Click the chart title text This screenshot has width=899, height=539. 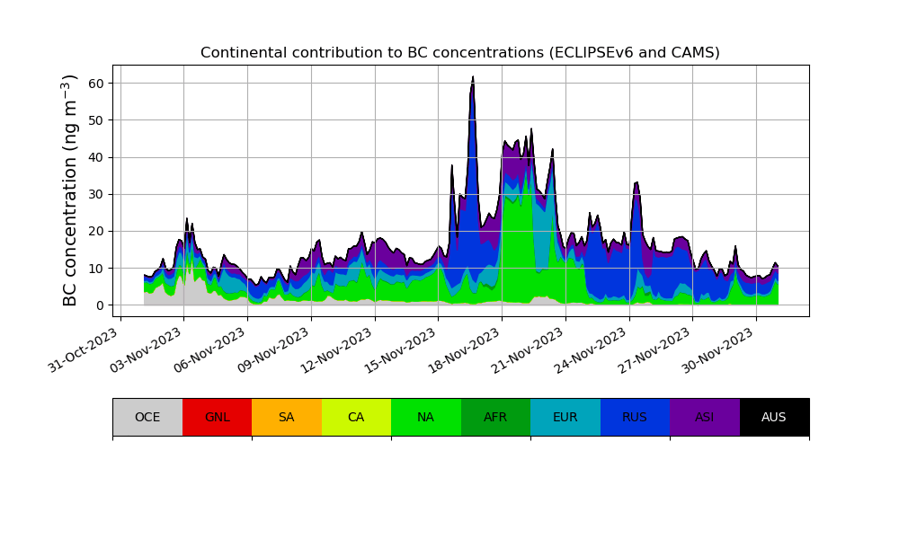(459, 53)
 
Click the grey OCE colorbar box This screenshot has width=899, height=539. (147, 417)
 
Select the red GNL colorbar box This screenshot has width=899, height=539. (217, 417)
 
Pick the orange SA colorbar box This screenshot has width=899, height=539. (287, 417)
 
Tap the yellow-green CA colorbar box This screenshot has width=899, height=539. (356, 417)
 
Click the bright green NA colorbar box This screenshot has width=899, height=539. (426, 417)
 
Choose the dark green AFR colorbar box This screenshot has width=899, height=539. (495, 417)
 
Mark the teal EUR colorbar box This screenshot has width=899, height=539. (565, 417)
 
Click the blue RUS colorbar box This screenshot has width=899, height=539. (635, 417)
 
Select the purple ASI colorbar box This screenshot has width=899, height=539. (705, 417)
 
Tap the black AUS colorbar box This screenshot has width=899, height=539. (774, 417)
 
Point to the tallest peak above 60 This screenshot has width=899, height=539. (473, 78)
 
